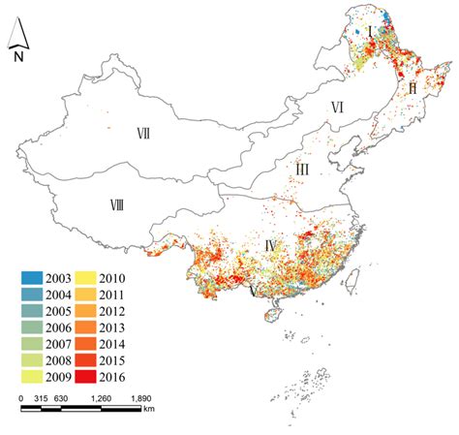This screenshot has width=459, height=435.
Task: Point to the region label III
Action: point(302,170)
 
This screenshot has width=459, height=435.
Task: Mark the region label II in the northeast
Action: point(413,87)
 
